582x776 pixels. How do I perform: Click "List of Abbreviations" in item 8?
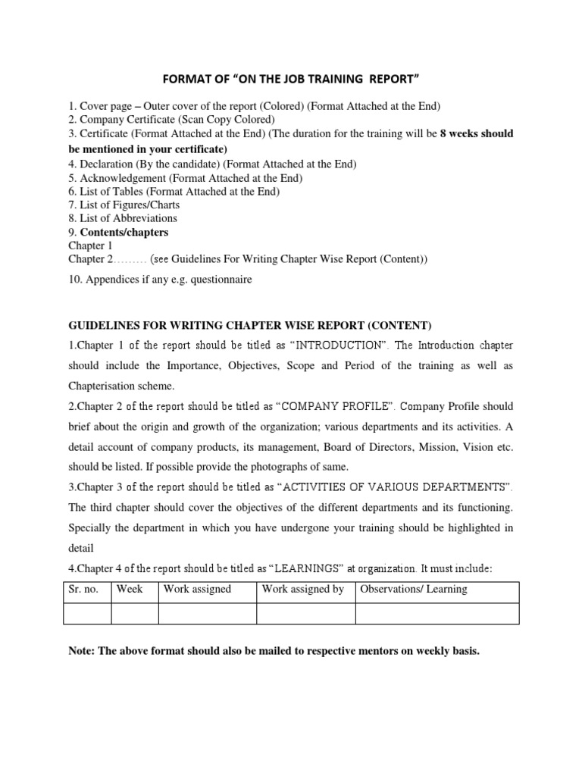[x=128, y=218]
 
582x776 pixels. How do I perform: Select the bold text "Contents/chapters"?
[x=124, y=232]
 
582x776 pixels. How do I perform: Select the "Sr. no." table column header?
[x=83, y=590]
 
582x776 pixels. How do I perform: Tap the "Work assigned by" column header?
[x=303, y=590]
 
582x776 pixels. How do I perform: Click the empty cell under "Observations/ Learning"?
[x=436, y=613]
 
